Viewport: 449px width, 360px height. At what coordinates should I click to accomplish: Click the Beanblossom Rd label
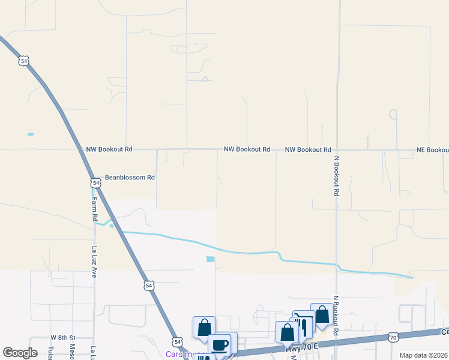tap(130, 178)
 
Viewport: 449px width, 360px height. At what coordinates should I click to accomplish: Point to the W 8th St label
tap(62, 339)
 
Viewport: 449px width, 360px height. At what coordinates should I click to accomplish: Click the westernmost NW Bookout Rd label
tap(109, 149)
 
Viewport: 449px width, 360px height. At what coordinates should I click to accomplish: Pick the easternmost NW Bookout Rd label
tap(308, 149)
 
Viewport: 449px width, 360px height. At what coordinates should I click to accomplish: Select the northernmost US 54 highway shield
tap(23, 61)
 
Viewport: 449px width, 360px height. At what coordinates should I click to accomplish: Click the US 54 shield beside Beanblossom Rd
tap(95, 182)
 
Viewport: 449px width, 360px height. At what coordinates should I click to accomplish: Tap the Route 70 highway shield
tap(393, 338)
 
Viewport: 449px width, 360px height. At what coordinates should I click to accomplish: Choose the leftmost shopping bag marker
tap(204, 328)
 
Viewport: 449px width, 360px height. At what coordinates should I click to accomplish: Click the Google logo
tap(20, 353)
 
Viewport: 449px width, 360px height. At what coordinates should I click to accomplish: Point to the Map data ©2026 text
tap(423, 355)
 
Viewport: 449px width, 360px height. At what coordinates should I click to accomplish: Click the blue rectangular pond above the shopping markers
tap(210, 259)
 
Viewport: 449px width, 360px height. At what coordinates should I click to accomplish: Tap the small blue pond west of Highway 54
tap(31, 134)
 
